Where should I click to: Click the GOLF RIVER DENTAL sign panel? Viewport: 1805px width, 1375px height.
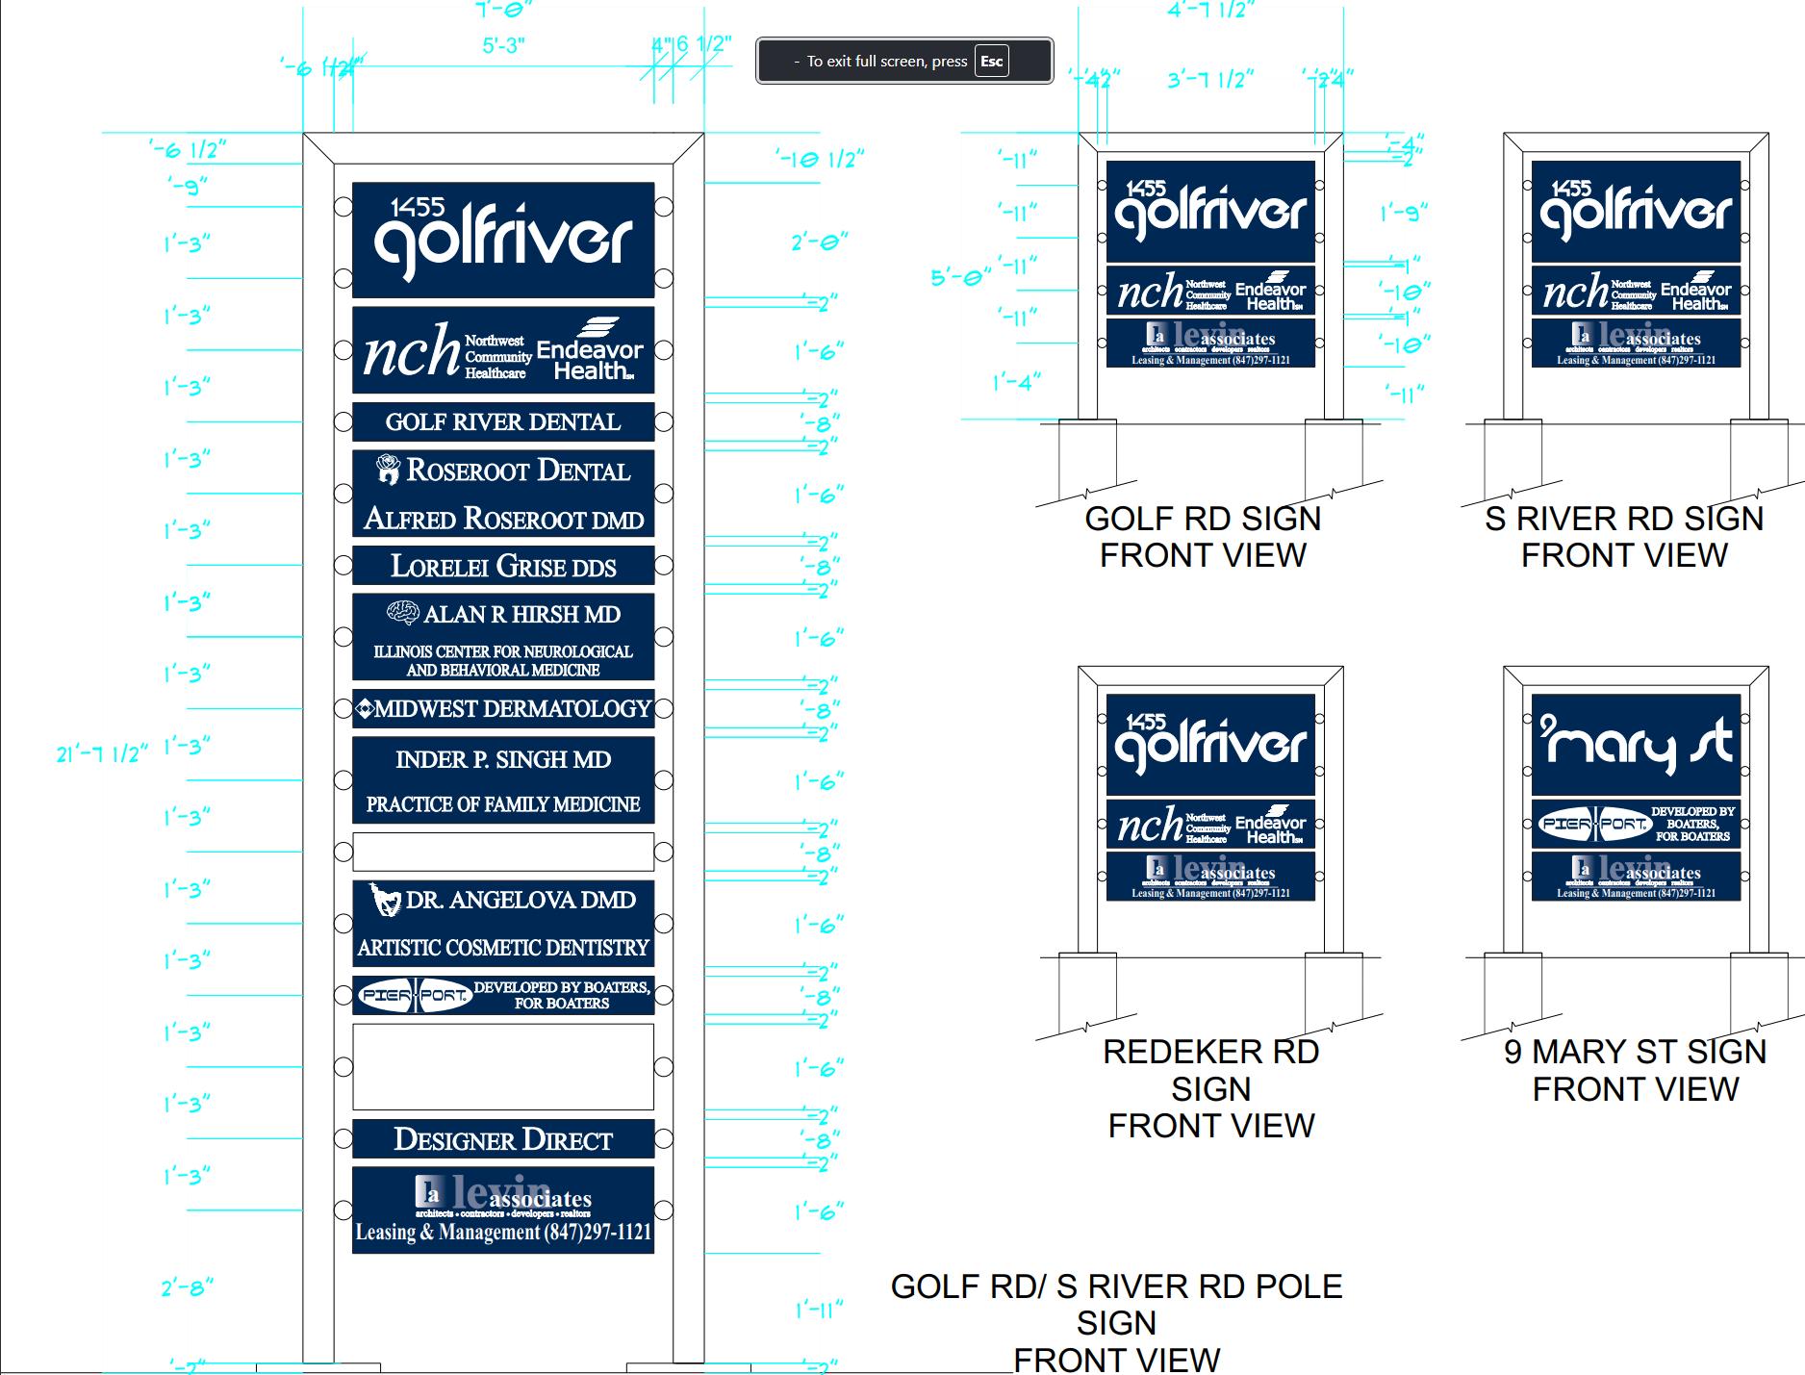[502, 421]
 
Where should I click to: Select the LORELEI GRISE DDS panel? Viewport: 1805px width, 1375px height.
[502, 566]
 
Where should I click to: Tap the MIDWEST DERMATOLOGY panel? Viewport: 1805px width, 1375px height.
[502, 709]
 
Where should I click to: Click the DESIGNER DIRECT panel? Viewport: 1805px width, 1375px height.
[502, 1140]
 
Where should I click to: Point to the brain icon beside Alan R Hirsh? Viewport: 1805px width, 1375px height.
[402, 613]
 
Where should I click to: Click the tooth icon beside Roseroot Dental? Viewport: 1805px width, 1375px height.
[388, 469]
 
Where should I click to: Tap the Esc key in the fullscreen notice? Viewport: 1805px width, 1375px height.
[991, 62]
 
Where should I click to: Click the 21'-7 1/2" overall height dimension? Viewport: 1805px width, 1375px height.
[102, 753]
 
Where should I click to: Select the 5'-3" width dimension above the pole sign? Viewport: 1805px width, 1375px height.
[503, 45]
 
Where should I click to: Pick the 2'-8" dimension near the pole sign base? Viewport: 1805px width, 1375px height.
[187, 1286]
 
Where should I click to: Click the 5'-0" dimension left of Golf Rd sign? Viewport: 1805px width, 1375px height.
[960, 277]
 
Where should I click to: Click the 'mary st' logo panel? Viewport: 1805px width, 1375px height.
[1636, 744]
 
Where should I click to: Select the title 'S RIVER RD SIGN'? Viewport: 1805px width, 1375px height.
[1624, 519]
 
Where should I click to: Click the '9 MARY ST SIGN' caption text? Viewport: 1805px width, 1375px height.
[1635, 1052]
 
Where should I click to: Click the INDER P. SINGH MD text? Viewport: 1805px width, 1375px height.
[502, 760]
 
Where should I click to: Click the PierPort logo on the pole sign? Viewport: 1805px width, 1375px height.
[415, 996]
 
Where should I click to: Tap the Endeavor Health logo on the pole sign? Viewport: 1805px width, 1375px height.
[589, 350]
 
